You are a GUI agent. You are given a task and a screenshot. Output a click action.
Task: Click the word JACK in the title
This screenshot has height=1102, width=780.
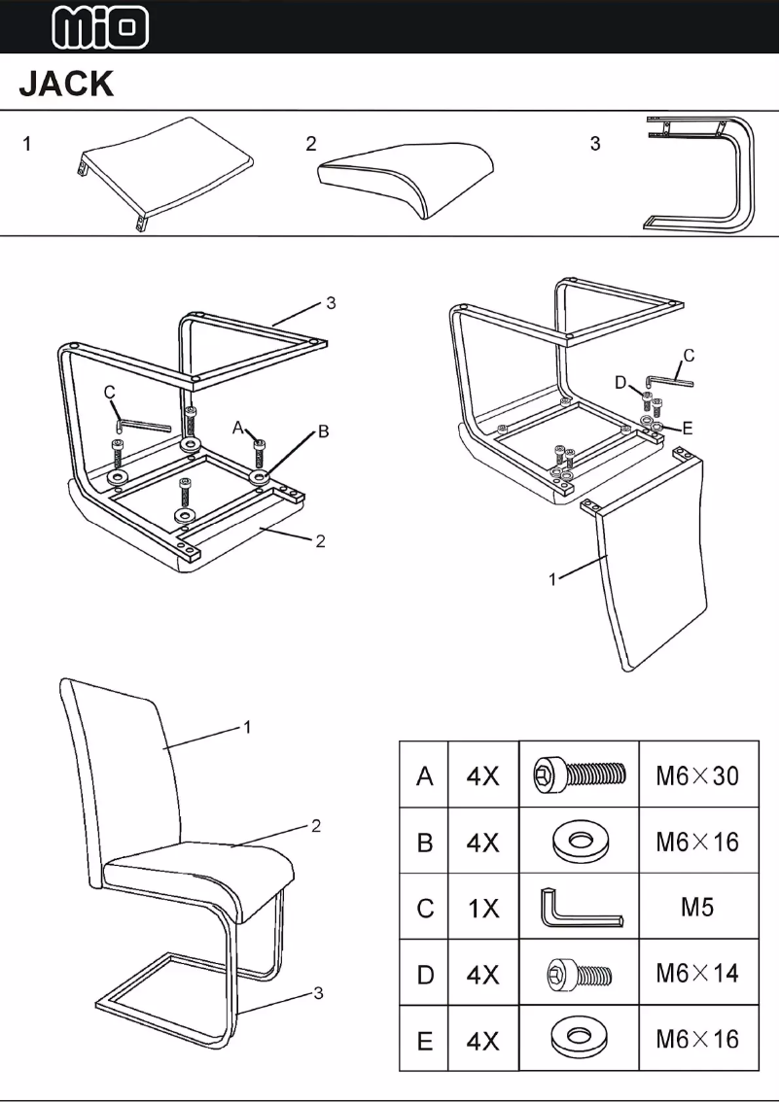[x=66, y=85]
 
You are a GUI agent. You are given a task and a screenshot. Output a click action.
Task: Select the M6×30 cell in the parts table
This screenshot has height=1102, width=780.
[x=697, y=775]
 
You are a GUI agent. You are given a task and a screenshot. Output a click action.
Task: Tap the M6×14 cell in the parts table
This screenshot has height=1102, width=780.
[x=697, y=973]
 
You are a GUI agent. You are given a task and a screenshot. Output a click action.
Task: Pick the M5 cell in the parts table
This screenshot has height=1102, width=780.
[x=697, y=908]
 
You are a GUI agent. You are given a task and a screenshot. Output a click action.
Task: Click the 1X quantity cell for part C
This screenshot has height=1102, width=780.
[x=482, y=908]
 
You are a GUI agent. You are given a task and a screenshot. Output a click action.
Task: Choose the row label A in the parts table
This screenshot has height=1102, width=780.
[x=424, y=775]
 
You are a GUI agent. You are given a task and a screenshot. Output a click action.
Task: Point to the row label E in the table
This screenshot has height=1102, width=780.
[x=424, y=1040]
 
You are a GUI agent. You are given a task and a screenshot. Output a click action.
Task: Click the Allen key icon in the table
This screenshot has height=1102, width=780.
[x=579, y=909]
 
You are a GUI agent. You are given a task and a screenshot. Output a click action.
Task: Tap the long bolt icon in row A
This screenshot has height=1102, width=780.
[x=579, y=775]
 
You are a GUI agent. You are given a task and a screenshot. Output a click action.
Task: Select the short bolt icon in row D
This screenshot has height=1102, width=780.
[x=579, y=973]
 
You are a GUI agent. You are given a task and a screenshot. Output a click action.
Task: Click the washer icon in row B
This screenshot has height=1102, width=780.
[x=579, y=842]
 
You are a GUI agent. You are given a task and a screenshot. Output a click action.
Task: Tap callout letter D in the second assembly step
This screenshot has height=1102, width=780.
[x=620, y=383]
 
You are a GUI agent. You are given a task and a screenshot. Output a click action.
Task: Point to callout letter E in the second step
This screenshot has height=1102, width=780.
[x=688, y=427]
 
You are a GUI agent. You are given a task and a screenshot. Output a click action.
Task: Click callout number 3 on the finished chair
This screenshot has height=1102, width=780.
[x=317, y=992]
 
